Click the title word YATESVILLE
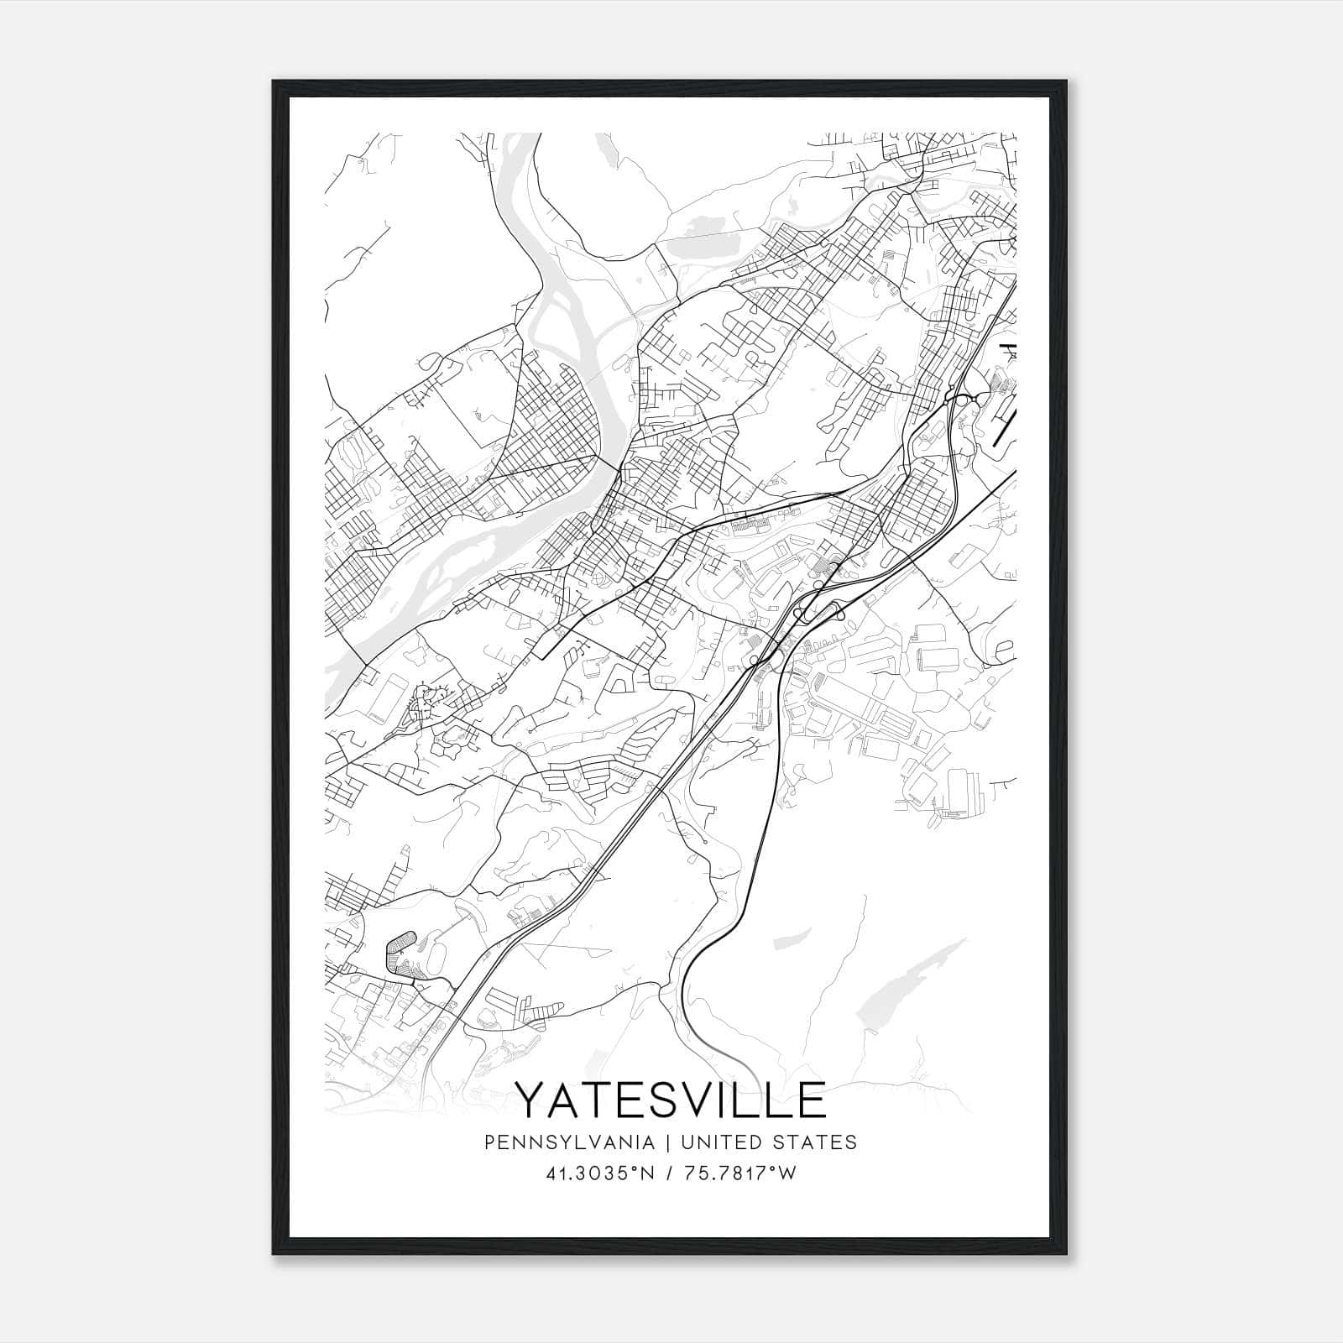pos(671,1100)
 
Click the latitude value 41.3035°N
pos(597,1173)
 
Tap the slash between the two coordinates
pos(668,1173)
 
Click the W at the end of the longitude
pos(786,1173)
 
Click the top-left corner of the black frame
pos(274,81)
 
